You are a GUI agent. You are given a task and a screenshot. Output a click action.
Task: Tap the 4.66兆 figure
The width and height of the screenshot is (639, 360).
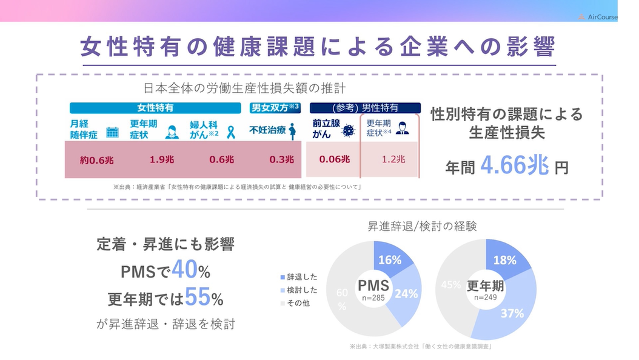point(514,165)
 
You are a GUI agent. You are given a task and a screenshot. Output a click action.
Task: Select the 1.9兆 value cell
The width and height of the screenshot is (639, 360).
point(161,159)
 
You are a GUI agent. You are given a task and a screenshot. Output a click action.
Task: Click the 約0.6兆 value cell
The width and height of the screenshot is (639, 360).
point(96,160)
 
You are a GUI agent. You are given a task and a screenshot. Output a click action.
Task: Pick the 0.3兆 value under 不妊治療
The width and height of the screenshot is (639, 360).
point(281,159)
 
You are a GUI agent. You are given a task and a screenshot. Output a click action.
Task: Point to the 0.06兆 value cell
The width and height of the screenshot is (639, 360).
point(335,159)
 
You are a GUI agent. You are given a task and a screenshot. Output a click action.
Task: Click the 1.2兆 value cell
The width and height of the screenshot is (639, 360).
point(394,159)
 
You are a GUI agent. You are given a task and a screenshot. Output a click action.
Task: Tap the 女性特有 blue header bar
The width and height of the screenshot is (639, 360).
point(156,108)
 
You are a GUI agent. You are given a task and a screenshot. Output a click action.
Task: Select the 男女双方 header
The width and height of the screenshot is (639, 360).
point(275,108)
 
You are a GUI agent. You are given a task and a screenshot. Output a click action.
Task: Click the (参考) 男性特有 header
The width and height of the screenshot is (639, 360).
point(365,108)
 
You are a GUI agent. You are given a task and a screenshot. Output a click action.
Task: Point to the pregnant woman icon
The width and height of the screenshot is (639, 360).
point(292,131)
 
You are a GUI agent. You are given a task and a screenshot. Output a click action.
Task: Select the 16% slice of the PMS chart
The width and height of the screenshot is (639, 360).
point(390,260)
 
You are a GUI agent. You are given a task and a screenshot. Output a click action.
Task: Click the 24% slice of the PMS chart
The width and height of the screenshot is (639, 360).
point(404,293)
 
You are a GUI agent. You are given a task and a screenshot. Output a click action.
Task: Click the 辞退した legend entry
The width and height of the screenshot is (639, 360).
point(298,277)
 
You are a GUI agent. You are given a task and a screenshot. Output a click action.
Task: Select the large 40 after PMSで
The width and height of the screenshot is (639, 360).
point(185,270)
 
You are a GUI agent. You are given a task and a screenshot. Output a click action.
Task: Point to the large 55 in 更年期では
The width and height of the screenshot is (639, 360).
point(198,298)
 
